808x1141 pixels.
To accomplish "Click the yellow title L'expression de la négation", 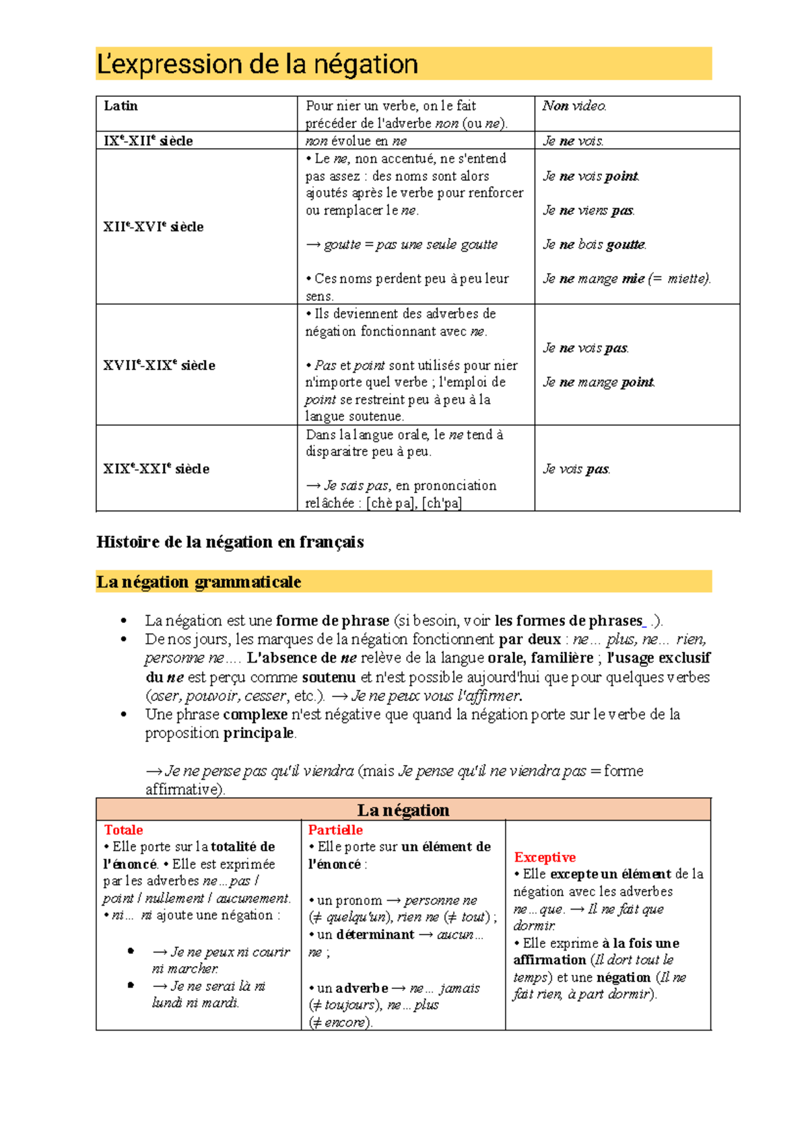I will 258,65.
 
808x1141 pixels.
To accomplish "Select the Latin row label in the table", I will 121,106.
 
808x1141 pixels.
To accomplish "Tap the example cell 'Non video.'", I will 574,106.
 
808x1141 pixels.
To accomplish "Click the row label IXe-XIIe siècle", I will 148,141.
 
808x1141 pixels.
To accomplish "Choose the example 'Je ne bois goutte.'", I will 595,244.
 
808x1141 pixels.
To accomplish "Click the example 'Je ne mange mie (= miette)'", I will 626,279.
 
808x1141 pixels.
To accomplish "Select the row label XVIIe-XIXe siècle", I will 159,365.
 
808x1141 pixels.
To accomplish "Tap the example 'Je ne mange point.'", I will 599,382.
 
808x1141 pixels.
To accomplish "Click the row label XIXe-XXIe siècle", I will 156,469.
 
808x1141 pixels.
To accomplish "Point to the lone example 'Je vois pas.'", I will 576,469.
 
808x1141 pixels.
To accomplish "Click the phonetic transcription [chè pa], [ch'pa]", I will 413,503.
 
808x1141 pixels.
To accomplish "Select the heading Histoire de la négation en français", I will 230,542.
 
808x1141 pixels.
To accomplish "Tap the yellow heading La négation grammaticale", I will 199,582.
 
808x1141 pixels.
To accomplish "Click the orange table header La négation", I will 403,810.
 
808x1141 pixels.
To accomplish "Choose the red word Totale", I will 123,830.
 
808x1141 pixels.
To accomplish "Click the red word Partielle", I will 335,830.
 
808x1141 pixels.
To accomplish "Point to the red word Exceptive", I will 545,857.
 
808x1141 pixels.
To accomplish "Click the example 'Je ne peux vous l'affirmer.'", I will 436,696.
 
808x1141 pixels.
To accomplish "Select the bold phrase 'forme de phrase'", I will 333,620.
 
